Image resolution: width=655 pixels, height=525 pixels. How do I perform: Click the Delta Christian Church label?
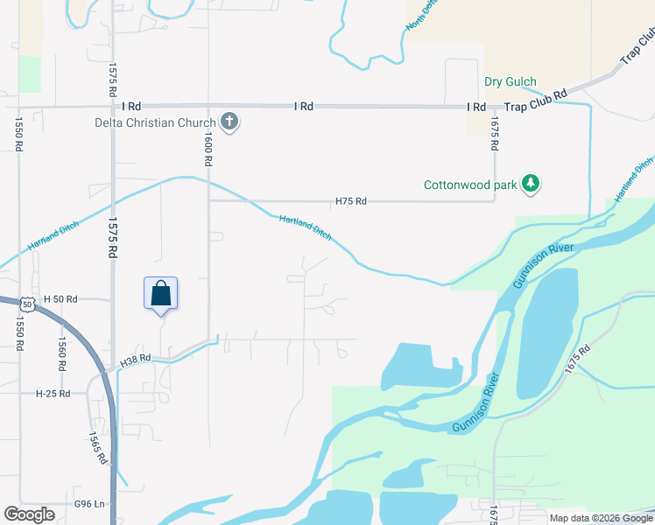click(155, 122)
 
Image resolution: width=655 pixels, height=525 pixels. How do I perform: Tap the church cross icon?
click(229, 121)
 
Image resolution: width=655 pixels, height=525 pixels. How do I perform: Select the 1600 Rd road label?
click(208, 148)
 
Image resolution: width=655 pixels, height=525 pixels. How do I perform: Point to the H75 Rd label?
click(350, 201)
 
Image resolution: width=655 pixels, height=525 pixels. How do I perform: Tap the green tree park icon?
click(530, 184)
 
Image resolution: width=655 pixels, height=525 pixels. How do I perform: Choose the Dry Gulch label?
click(511, 82)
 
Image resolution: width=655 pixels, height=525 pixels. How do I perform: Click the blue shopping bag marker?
click(161, 292)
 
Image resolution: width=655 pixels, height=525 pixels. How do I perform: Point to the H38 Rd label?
click(137, 358)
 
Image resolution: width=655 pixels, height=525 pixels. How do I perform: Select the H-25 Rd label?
click(53, 394)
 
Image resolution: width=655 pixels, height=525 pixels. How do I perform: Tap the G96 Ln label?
click(89, 504)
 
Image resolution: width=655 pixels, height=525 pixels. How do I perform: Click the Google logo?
click(29, 515)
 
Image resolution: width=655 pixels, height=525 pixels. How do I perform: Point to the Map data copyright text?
click(602, 518)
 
